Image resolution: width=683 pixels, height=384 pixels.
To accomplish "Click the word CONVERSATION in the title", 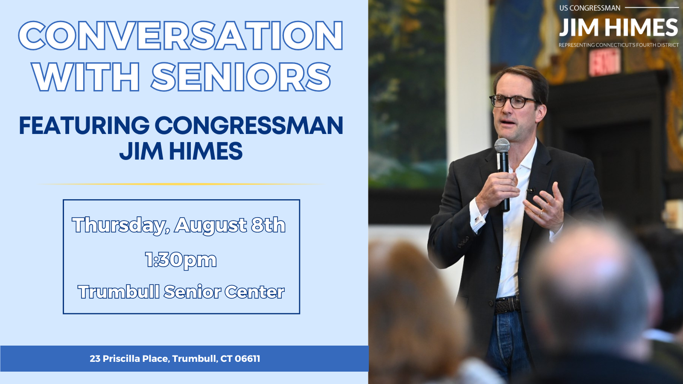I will tap(181, 36).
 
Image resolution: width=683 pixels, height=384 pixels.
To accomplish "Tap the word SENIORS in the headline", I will tap(241, 78).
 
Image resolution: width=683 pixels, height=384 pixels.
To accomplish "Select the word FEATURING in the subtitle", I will tap(84, 125).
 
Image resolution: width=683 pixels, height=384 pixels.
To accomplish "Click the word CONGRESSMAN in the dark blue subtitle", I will tap(249, 125).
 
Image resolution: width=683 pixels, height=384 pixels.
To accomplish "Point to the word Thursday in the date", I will tap(120, 225).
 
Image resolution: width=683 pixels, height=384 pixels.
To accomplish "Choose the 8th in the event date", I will tap(268, 225).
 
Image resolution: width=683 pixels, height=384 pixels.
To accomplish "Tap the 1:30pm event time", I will tap(181, 260).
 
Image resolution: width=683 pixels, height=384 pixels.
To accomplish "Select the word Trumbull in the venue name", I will tap(119, 292).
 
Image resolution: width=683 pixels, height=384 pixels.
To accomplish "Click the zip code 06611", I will tap(247, 359).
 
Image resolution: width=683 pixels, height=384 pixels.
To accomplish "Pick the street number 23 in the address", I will tap(95, 359).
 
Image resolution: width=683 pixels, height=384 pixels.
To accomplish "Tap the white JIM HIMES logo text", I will tap(618, 28).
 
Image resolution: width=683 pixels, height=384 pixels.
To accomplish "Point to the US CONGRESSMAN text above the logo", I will tap(590, 8).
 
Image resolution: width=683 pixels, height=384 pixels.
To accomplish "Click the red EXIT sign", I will tap(604, 62).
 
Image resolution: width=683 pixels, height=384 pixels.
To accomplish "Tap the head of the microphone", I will tap(502, 145).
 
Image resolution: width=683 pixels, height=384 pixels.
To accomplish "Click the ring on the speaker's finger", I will tap(541, 212).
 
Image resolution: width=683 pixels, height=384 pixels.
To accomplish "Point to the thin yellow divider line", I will tap(181, 184).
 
